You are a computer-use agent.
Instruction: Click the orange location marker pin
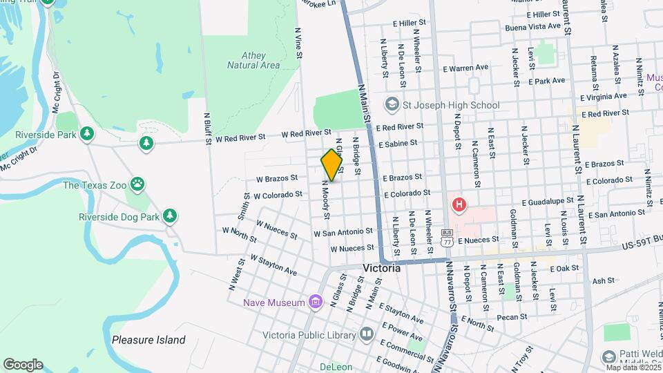click(331, 164)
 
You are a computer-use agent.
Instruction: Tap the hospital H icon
click(458, 205)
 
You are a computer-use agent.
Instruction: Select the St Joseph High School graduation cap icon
click(392, 104)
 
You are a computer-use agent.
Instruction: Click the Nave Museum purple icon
click(316, 302)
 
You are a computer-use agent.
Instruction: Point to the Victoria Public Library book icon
click(366, 335)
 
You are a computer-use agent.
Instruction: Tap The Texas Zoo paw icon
click(140, 184)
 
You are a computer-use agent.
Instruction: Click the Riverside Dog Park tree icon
click(170, 216)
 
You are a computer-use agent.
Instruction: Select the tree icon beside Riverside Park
click(87, 133)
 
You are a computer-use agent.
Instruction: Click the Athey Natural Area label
click(253, 60)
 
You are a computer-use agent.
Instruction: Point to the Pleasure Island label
click(148, 340)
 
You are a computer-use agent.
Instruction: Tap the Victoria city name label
click(381, 268)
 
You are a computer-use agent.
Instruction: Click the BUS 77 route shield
click(448, 238)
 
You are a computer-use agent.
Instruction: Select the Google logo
click(23, 364)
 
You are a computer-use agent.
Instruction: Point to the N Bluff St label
click(207, 129)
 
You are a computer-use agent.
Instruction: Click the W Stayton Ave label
click(273, 265)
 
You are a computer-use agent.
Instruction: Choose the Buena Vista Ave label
click(532, 26)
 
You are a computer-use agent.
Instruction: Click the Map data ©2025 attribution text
click(633, 367)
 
